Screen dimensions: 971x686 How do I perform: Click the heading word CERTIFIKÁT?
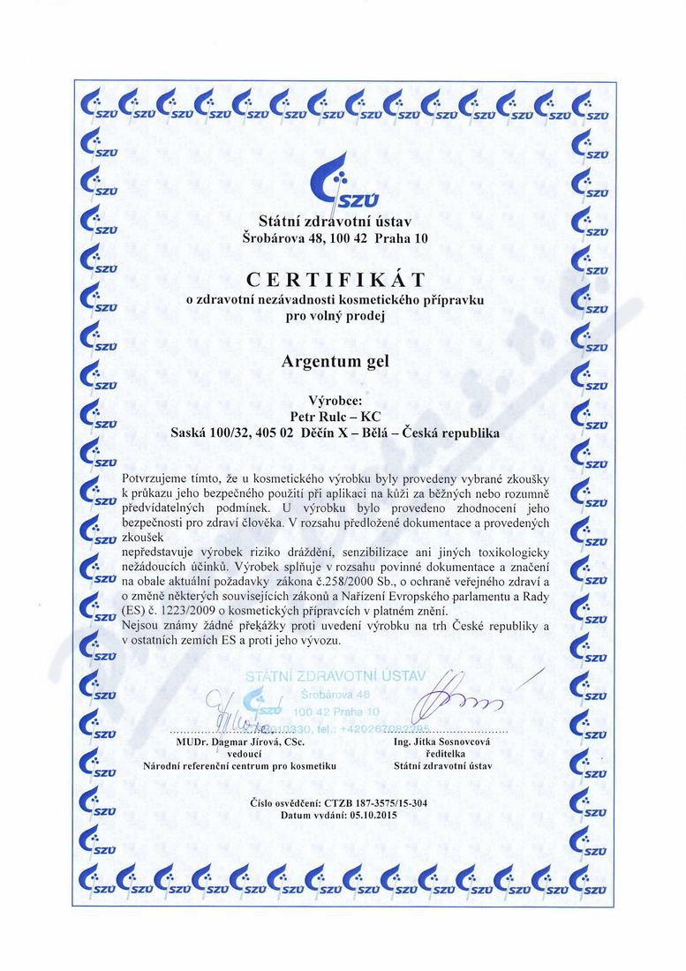[335, 281]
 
